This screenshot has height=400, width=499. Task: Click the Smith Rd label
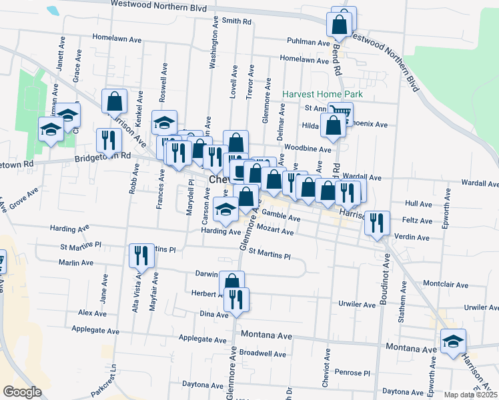(x=237, y=21)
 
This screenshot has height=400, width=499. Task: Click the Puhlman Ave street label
(x=309, y=41)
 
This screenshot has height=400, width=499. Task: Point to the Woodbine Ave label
(x=308, y=149)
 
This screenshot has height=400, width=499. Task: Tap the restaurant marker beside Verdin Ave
(x=377, y=223)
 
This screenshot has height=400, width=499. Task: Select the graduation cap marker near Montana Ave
(x=453, y=341)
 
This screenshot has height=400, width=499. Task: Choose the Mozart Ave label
(x=276, y=231)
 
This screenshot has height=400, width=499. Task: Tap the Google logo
(x=22, y=392)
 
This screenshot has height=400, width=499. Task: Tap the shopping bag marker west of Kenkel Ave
(x=115, y=101)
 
